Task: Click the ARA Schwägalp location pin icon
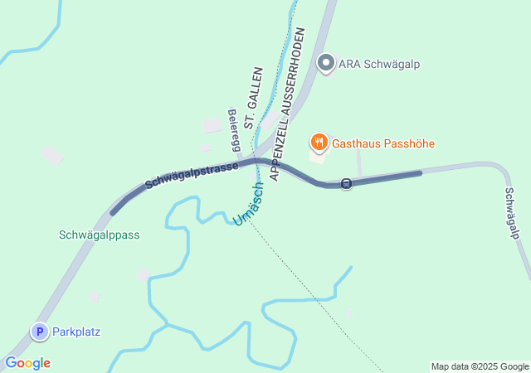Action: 326,63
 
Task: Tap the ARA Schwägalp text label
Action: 379,64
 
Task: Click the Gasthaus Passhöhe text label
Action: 383,143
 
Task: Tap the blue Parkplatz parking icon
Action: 39,332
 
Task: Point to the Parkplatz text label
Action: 76,332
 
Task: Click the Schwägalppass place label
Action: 100,235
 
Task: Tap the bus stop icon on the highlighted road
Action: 346,183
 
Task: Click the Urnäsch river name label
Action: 248,204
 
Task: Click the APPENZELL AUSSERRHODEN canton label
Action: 286,104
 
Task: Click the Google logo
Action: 27,363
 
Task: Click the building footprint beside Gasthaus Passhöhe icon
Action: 317,155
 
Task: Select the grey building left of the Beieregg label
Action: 212,125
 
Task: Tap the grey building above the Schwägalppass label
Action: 52,155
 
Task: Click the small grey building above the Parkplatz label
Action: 95,297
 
